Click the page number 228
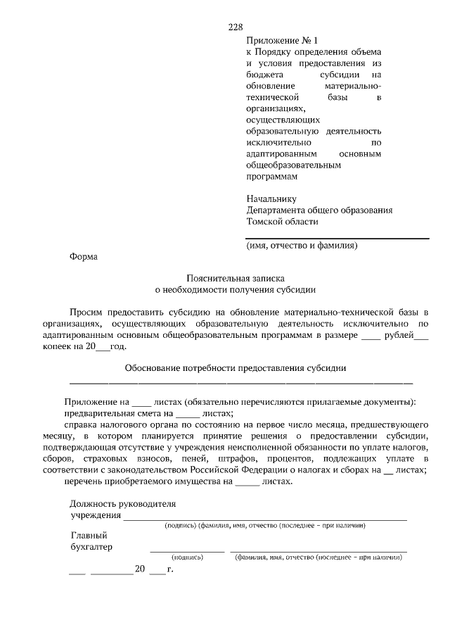[x=235, y=27]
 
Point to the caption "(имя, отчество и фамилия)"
[x=303, y=246]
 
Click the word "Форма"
[x=84, y=257]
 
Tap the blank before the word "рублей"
[x=371, y=336]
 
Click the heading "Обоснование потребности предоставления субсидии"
[x=235, y=367]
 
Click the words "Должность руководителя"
[x=122, y=503]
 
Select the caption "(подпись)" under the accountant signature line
[x=187, y=557]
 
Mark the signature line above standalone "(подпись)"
[x=187, y=550]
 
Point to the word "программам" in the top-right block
[x=271, y=177]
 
